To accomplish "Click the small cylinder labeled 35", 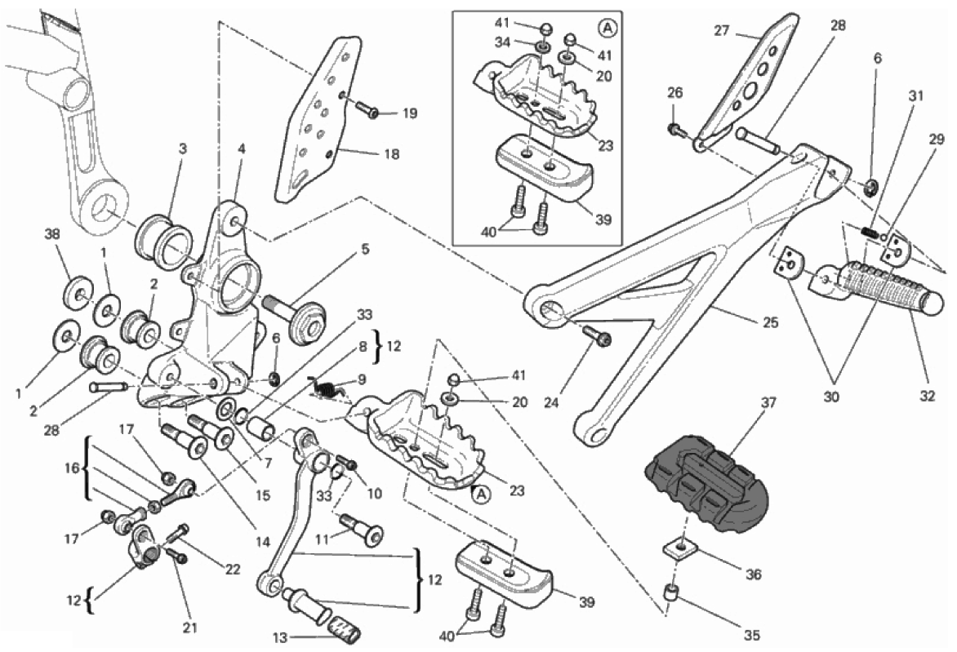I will click(x=671, y=593).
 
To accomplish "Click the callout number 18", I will click(x=391, y=153).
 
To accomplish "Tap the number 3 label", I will click(x=182, y=149).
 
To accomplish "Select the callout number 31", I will click(x=915, y=95).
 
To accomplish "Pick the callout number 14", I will click(x=194, y=540).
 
